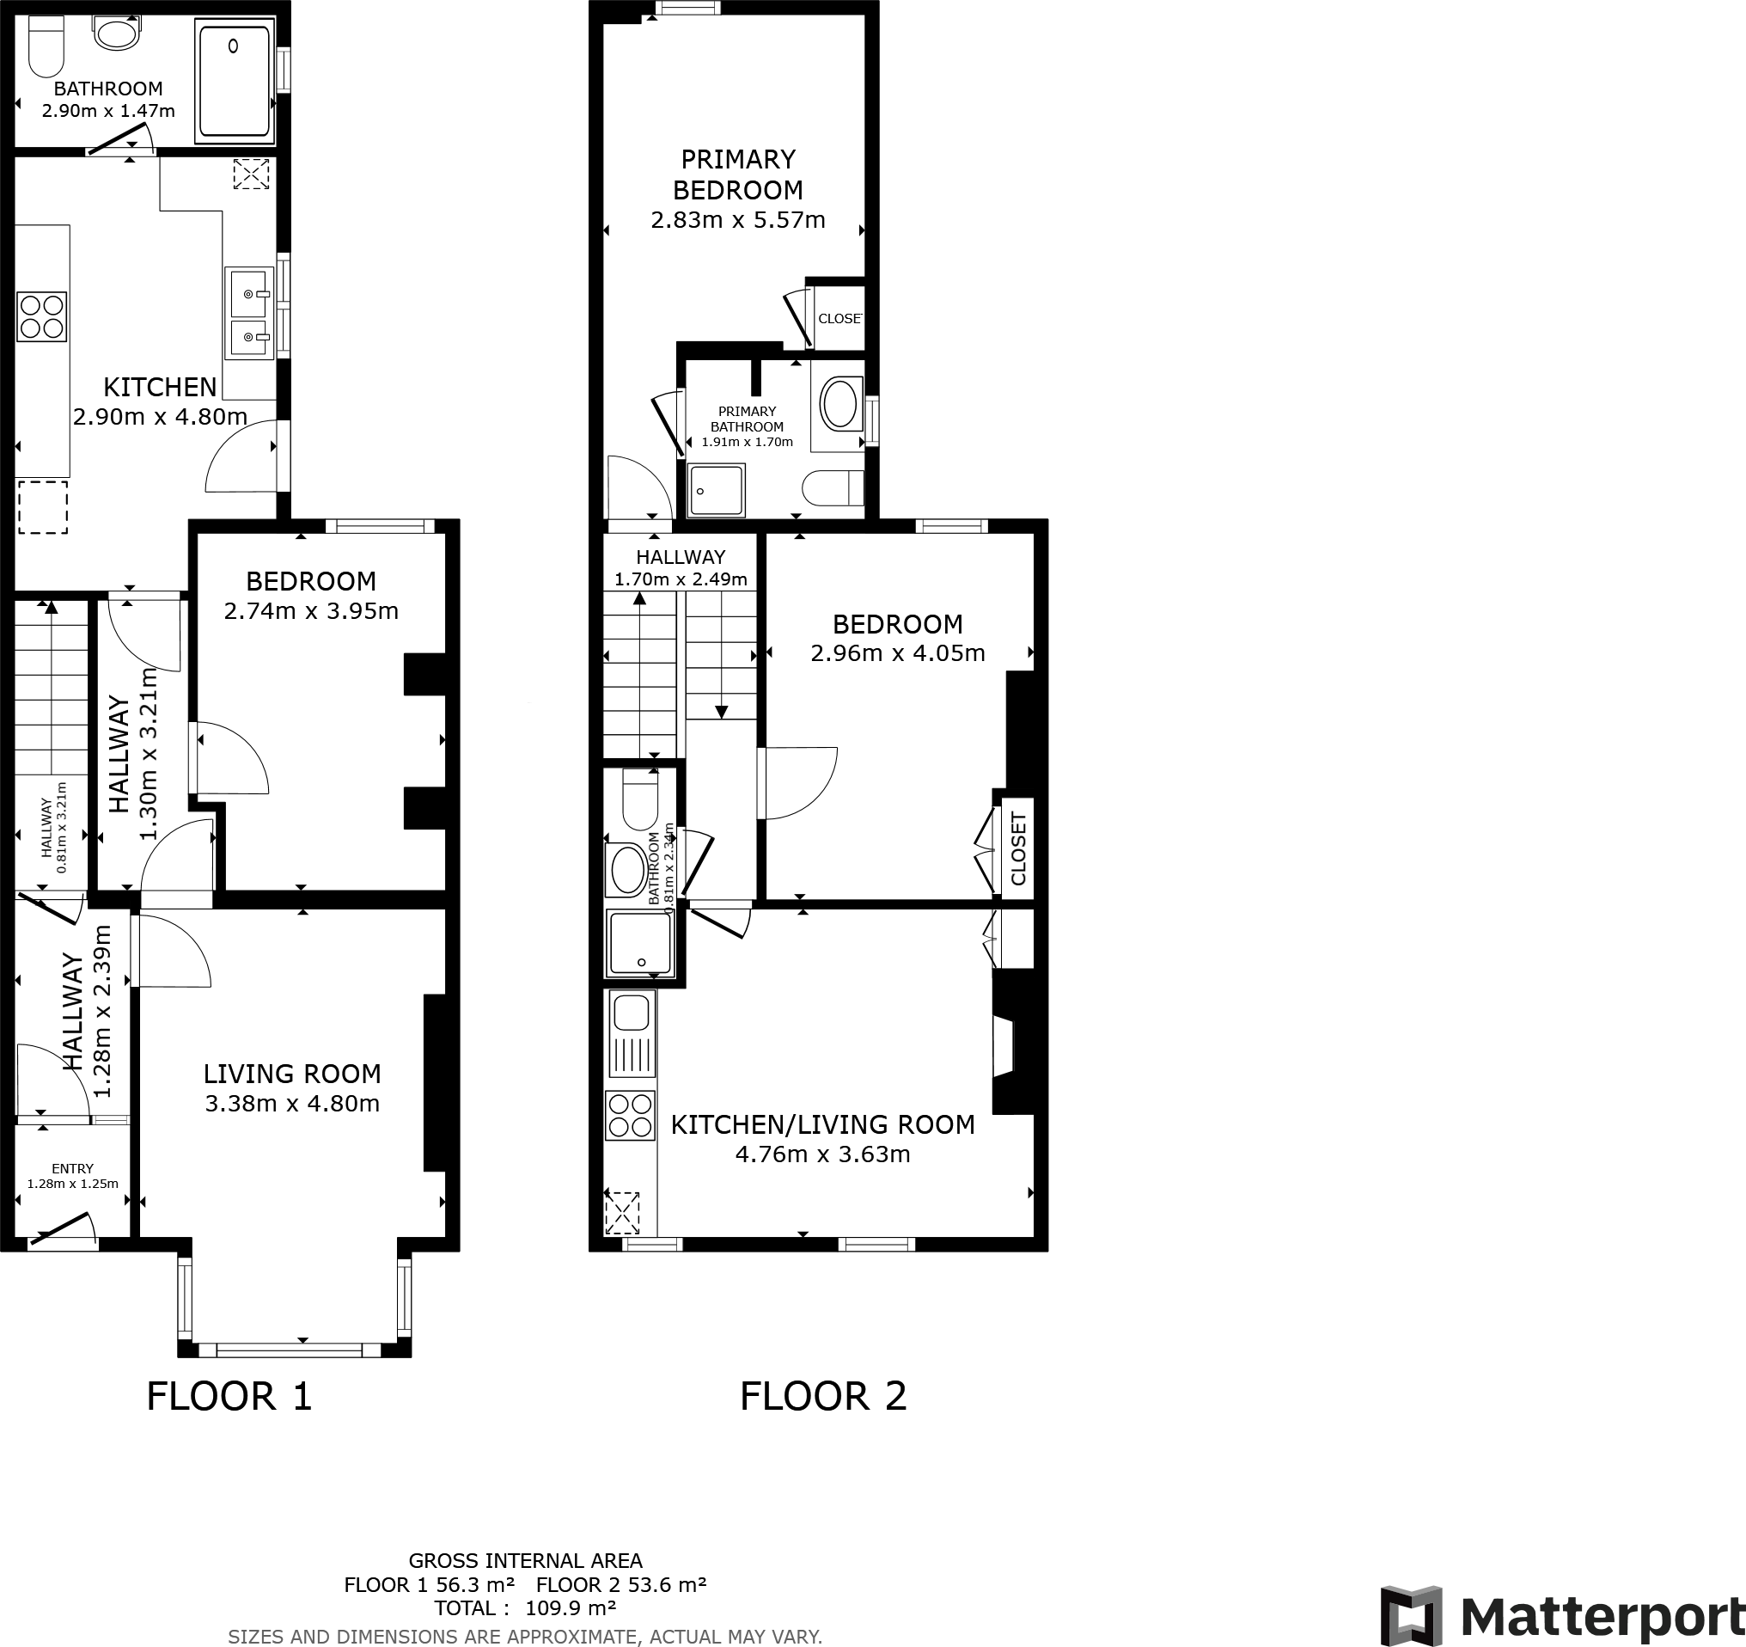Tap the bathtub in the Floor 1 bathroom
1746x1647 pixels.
[x=234, y=82]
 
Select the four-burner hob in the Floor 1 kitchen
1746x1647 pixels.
[x=42, y=316]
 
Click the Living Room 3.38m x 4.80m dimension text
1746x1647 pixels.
[x=292, y=1103]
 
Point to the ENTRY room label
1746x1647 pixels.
[x=72, y=1168]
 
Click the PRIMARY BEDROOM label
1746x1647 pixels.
[x=738, y=174]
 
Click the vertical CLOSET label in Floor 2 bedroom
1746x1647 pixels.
[x=1018, y=848]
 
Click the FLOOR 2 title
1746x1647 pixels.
[x=823, y=1396]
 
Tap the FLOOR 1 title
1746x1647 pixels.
[x=229, y=1396]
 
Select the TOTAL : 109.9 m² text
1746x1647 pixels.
[x=525, y=1608]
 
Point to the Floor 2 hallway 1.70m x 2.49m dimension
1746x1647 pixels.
[x=681, y=579]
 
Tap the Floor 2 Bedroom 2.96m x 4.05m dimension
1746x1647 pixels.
[x=898, y=652]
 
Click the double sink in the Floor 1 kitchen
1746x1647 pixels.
[x=248, y=315]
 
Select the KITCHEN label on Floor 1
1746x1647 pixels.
[x=160, y=387]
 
